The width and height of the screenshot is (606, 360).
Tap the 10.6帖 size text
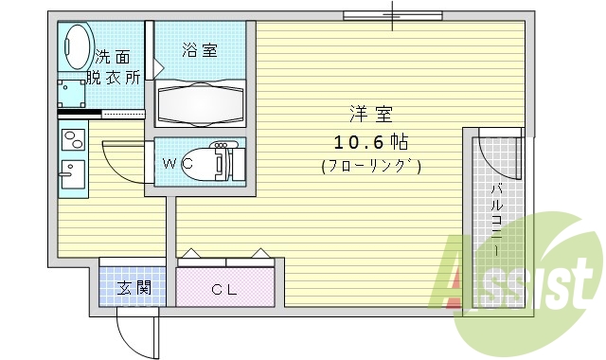pos(369,143)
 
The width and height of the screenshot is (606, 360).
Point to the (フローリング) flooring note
pos(370,167)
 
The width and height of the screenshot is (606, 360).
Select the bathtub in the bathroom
pos(199,101)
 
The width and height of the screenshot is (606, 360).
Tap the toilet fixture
pos(213,161)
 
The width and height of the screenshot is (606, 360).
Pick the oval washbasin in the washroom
pos(76,44)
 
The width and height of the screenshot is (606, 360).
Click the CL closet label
pos(223,290)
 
